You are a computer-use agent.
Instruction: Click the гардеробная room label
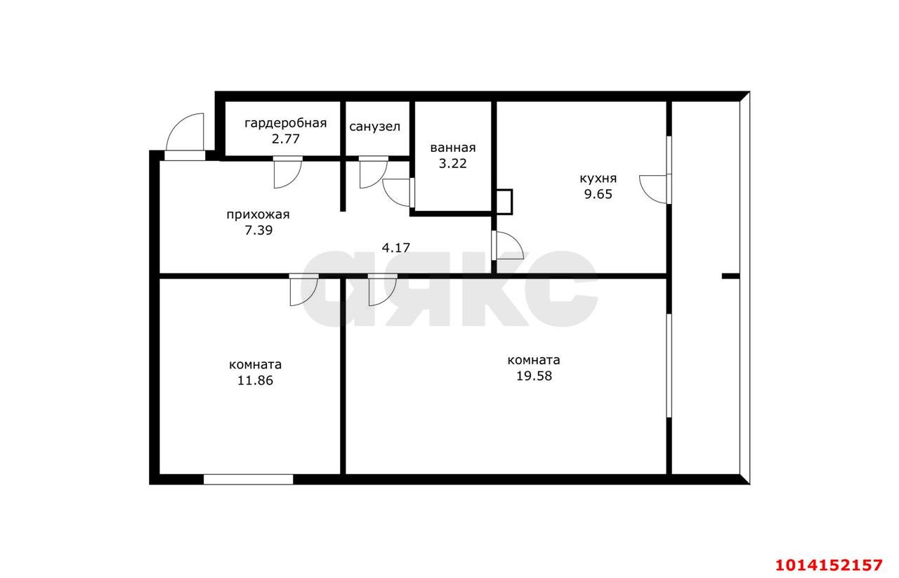pyautogui.click(x=285, y=123)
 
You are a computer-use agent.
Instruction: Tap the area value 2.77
pyautogui.click(x=285, y=139)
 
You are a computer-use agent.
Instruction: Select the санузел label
pyautogui.click(x=375, y=127)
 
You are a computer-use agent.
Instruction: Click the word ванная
pyautogui.click(x=453, y=148)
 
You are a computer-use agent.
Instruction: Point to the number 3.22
pyautogui.click(x=453, y=164)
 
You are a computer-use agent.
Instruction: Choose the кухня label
pyautogui.click(x=598, y=179)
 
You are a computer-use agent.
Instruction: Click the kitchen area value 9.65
pyautogui.click(x=598, y=195)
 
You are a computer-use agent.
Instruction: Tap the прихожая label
pyautogui.click(x=258, y=215)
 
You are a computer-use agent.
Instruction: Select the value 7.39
pyautogui.click(x=258, y=231)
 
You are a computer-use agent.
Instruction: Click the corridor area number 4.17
pyautogui.click(x=395, y=248)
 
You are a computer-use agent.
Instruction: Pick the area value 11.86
pyautogui.click(x=255, y=380)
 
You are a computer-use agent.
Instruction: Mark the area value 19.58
pyautogui.click(x=534, y=376)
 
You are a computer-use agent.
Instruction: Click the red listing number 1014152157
pyautogui.click(x=829, y=565)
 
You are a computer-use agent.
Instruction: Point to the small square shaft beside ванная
pyautogui.click(x=504, y=202)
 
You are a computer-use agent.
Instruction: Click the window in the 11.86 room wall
pyautogui.click(x=248, y=480)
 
